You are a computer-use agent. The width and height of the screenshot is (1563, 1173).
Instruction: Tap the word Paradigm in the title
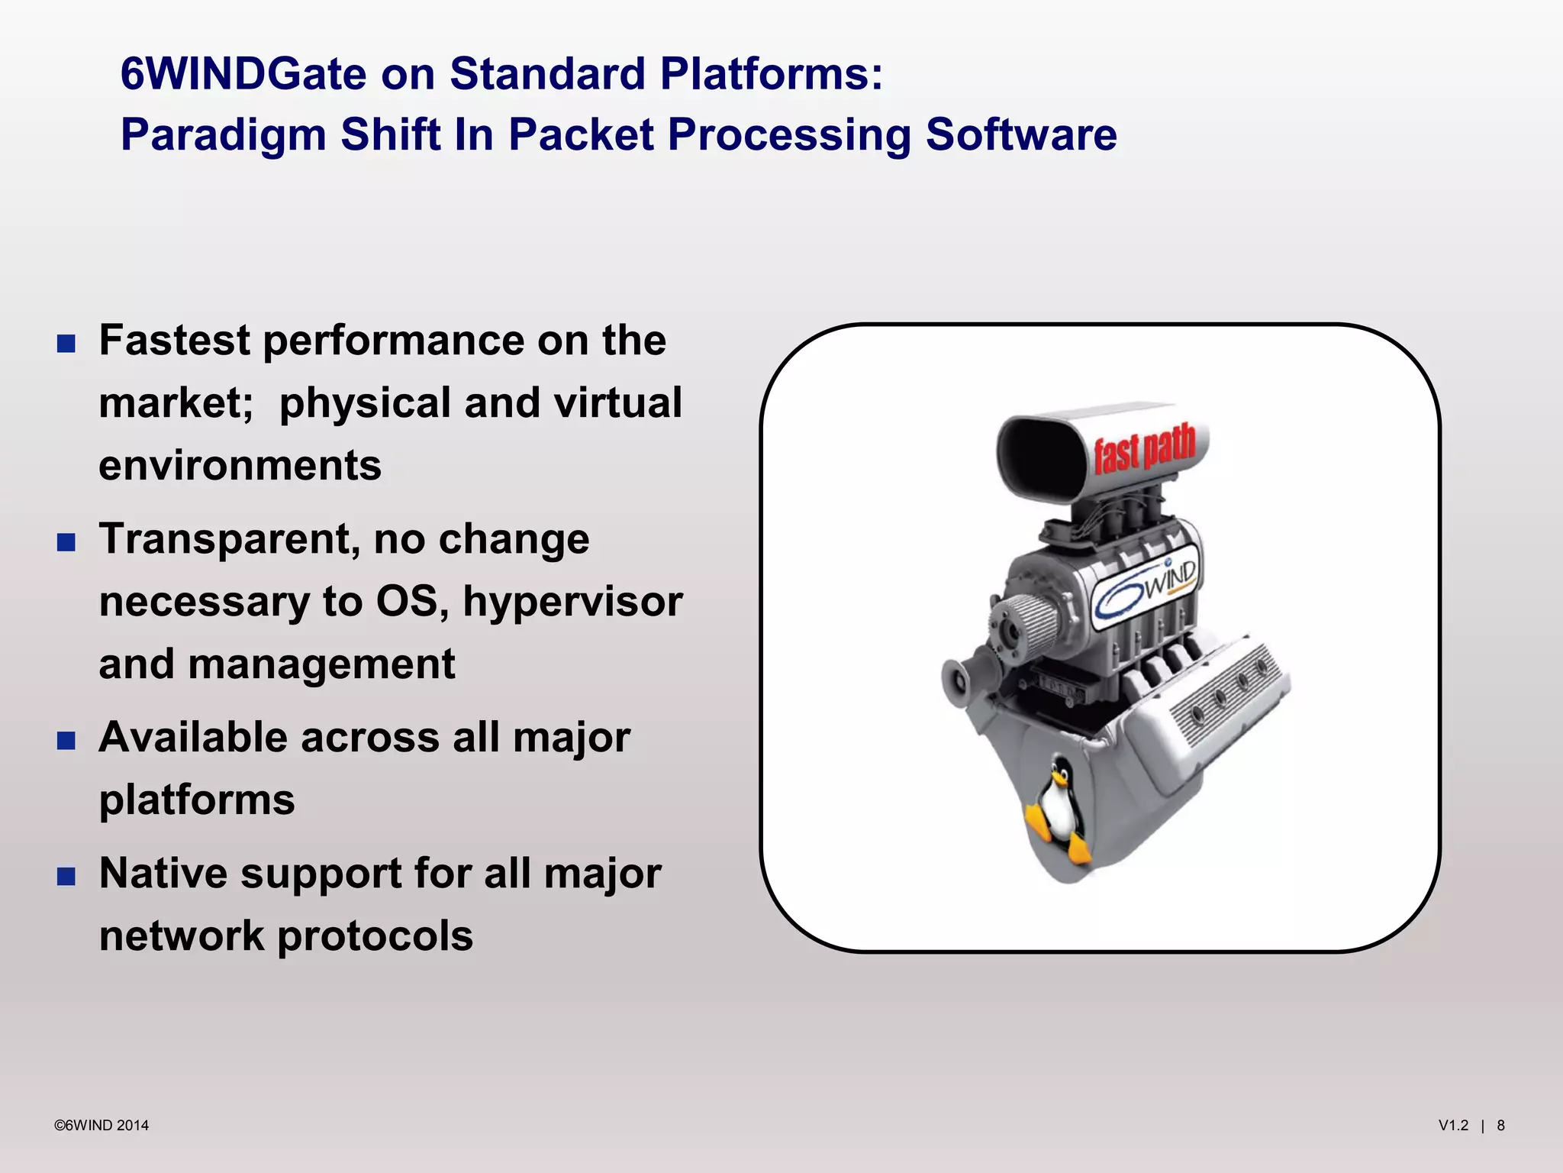coord(223,134)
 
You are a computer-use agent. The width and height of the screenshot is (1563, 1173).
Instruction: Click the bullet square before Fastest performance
coord(66,344)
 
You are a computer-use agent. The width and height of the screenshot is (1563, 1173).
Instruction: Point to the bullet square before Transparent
coord(66,542)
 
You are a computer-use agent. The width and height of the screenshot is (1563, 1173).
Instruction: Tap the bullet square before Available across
coord(66,741)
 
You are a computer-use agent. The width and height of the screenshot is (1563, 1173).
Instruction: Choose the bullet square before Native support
coord(66,876)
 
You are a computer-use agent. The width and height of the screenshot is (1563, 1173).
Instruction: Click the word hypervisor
coord(572,602)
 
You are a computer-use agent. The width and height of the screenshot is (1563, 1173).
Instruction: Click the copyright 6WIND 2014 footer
coord(102,1126)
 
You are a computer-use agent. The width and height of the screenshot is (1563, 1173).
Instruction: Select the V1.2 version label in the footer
coord(1453,1126)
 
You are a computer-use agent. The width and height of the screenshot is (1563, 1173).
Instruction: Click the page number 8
coord(1500,1126)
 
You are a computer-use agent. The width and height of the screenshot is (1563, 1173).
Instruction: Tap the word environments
coord(240,465)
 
